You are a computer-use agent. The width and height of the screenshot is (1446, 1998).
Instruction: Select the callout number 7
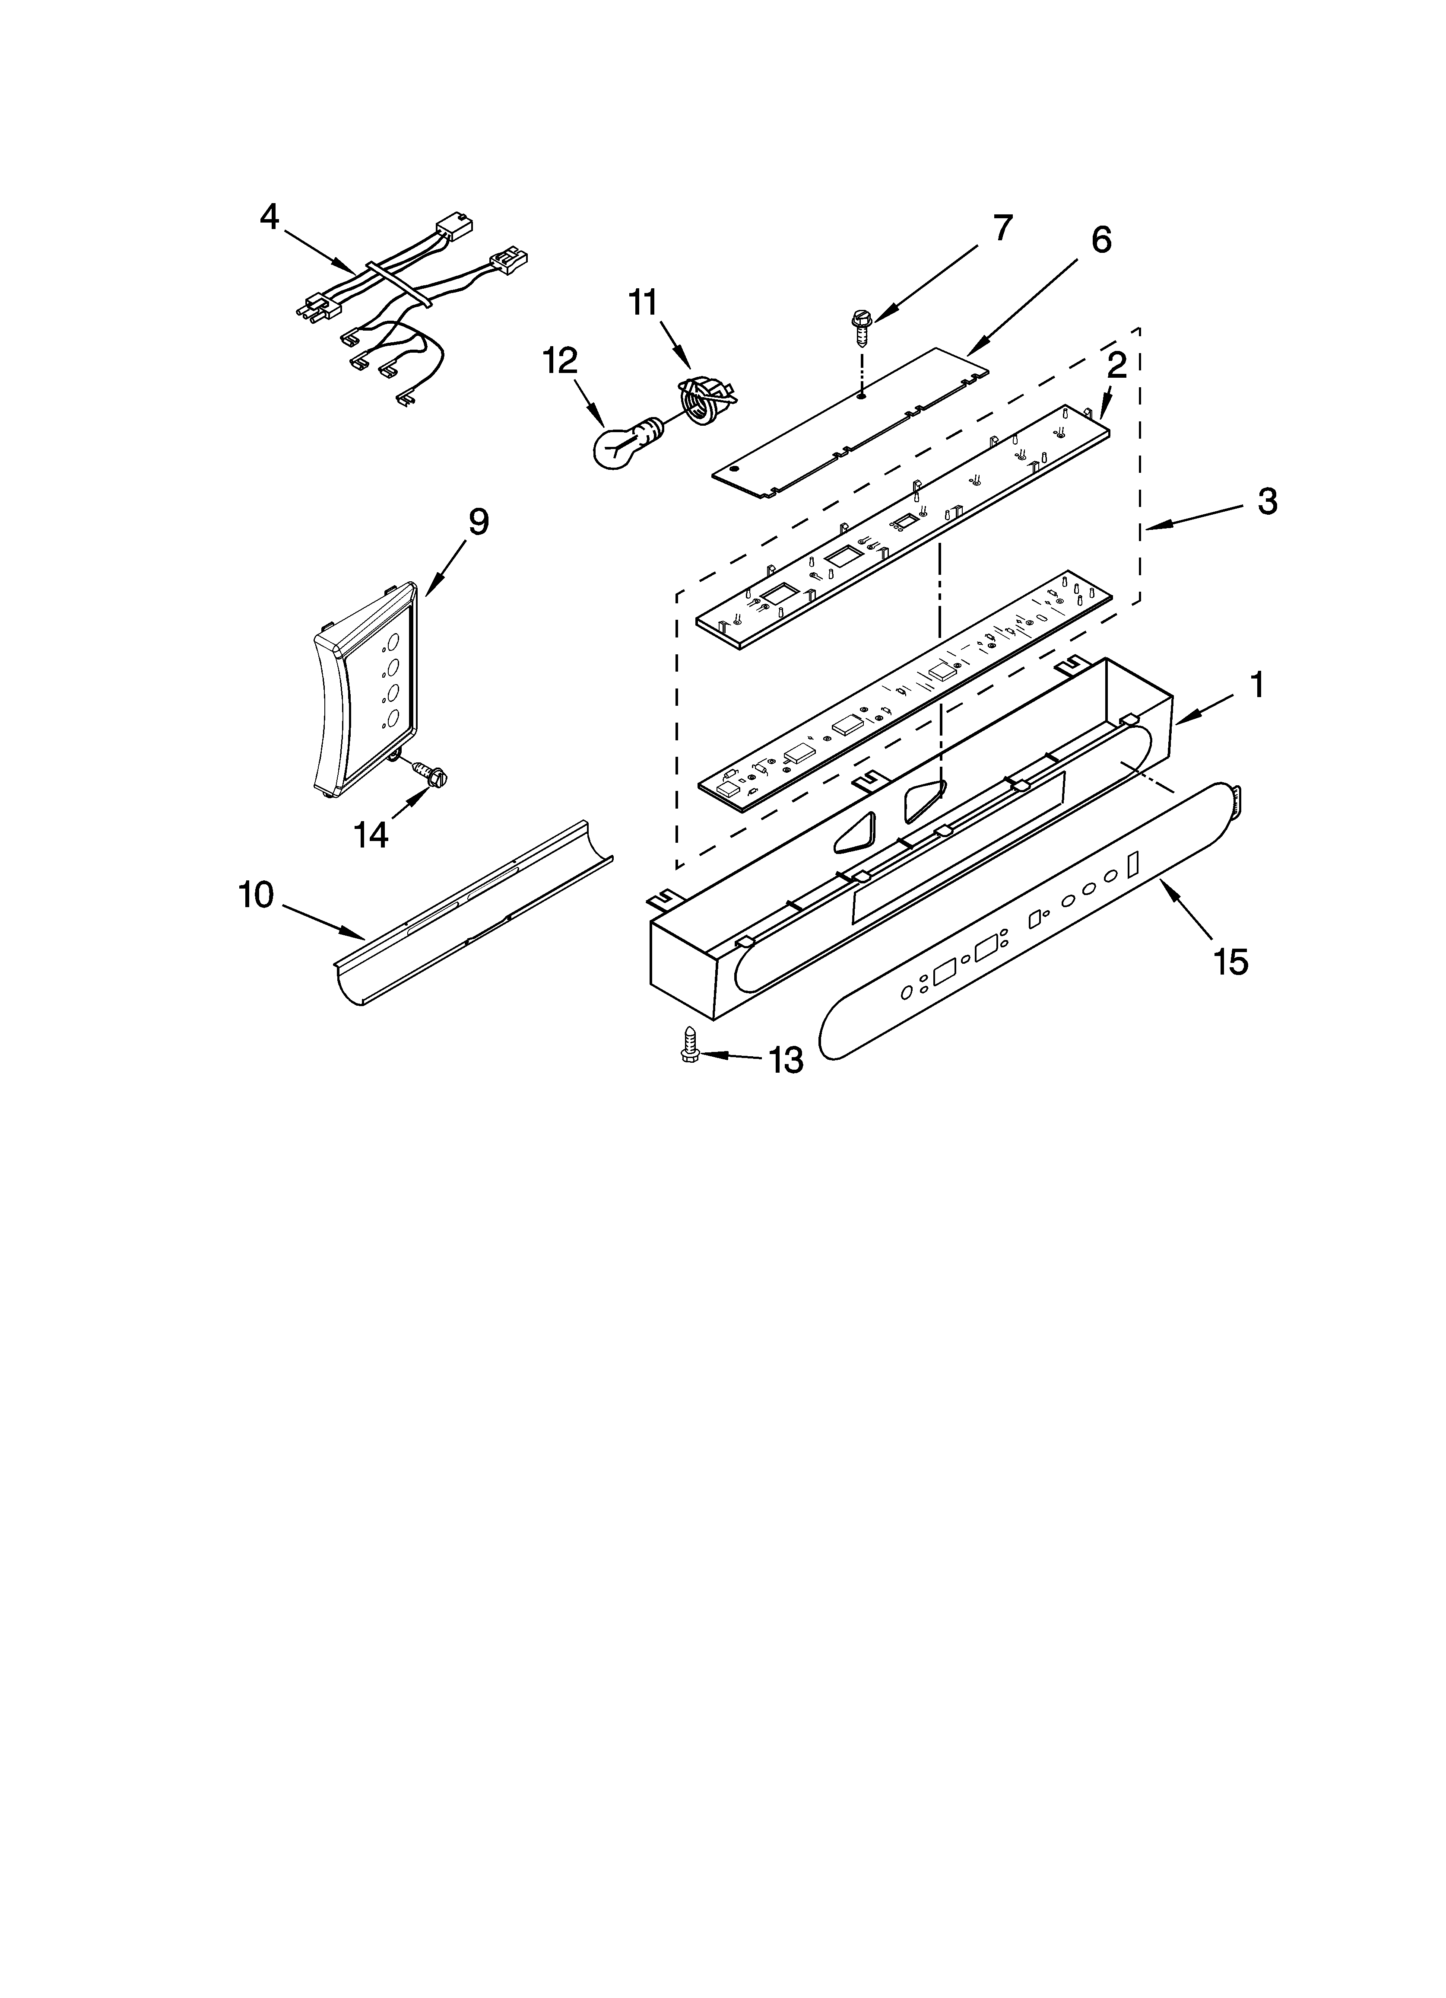pyautogui.click(x=1002, y=228)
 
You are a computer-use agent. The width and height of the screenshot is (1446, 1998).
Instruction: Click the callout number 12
pyautogui.click(x=560, y=360)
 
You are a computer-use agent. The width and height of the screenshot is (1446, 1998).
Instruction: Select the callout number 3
pyautogui.click(x=1266, y=502)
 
